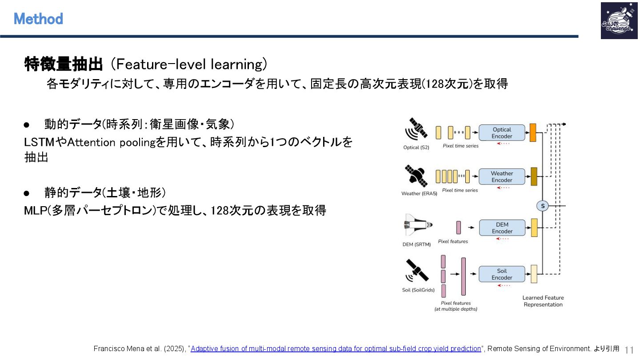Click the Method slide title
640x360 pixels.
(38, 19)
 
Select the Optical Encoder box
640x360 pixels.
(502, 133)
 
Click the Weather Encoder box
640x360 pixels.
(502, 176)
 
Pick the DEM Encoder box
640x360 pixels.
(502, 228)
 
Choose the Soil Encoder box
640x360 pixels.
(502, 274)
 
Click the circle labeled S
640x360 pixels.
(542, 206)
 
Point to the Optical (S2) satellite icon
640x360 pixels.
(416, 129)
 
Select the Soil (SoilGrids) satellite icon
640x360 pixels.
(417, 271)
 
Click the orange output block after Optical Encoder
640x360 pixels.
(533, 133)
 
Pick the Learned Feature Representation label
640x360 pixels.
(543, 301)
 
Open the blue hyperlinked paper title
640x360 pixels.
(336, 349)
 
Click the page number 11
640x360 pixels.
(629, 349)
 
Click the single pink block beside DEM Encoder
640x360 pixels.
(459, 228)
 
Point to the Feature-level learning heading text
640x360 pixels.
(188, 65)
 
